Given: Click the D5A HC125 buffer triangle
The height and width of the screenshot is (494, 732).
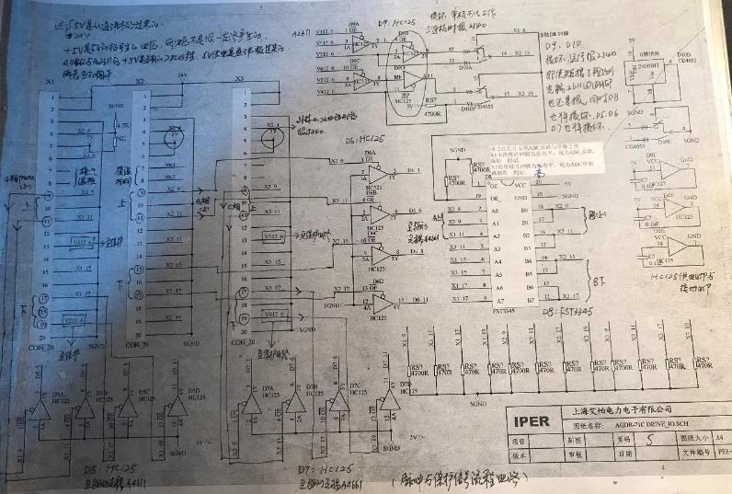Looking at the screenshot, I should point(40,410).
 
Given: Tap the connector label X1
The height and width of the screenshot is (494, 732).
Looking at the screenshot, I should point(51,82).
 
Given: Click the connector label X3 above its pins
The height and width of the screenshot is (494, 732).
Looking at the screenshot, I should point(240,80).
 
